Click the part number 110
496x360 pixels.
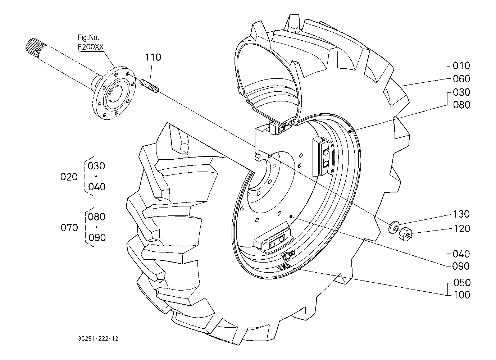[x=153, y=57]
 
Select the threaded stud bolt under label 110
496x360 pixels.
[x=150, y=86]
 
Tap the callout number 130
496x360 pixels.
[x=461, y=214]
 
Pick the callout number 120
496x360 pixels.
[x=462, y=228]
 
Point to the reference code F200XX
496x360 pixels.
[x=91, y=47]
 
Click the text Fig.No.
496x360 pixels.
[x=88, y=38]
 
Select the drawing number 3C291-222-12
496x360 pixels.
[x=98, y=338]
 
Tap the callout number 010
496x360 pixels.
[x=461, y=65]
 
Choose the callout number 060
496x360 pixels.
[x=461, y=79]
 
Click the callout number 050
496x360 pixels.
[x=462, y=283]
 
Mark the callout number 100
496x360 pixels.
[x=462, y=295]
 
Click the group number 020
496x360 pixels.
[x=69, y=177]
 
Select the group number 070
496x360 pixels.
[x=69, y=228]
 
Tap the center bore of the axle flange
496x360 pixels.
[x=115, y=94]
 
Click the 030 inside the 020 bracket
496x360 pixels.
[x=96, y=166]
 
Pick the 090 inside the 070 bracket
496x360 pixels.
[x=97, y=238]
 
